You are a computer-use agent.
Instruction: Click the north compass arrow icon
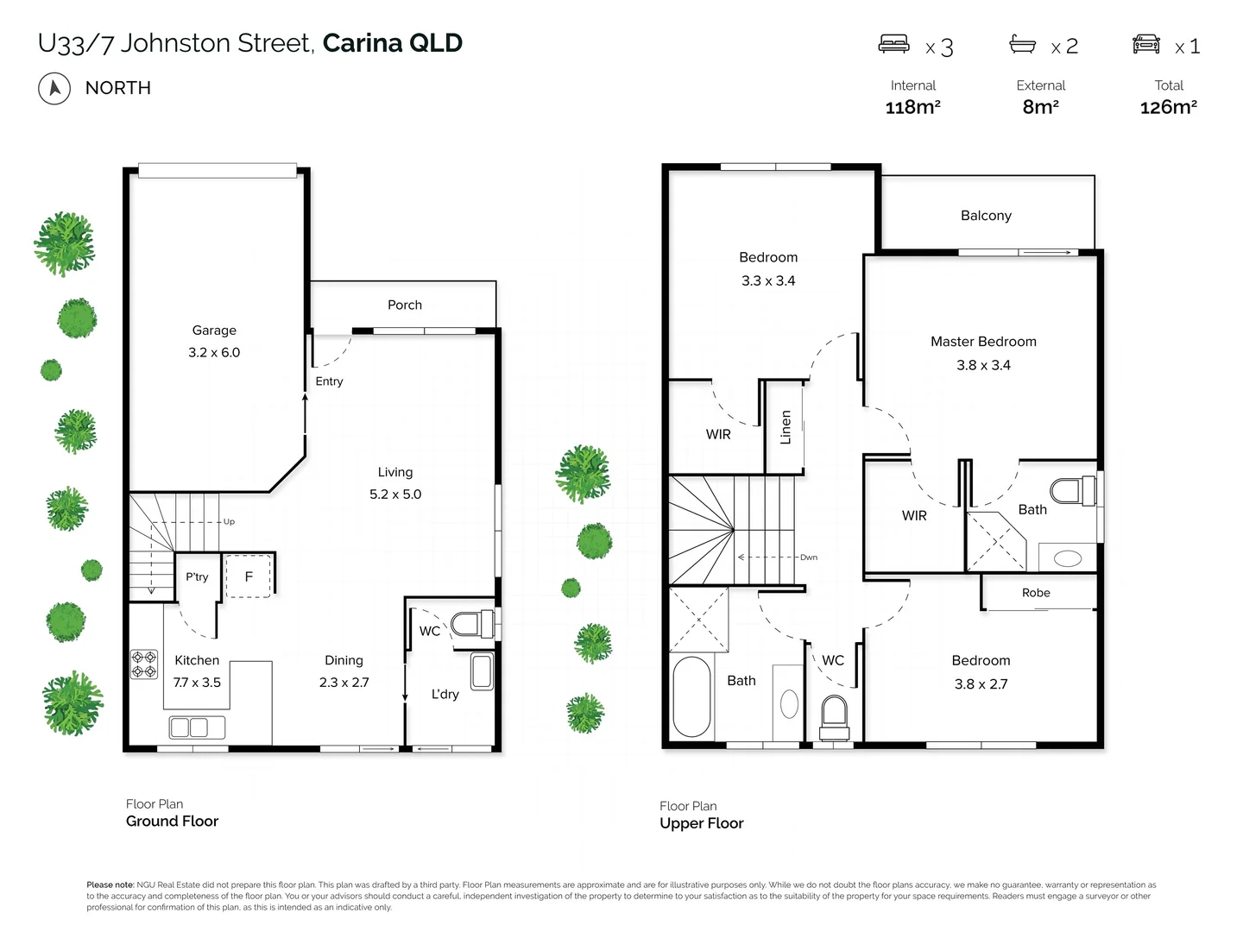(54, 88)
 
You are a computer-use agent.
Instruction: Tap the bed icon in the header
(893, 44)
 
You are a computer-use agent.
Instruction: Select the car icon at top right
(1146, 44)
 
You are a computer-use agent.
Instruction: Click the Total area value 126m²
(1168, 107)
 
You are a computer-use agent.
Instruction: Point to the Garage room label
(214, 331)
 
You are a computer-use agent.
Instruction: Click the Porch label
(405, 305)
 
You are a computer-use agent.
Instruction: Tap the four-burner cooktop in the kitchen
(143, 664)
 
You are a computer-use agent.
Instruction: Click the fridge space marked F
(249, 576)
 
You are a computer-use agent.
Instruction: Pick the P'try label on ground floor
(197, 576)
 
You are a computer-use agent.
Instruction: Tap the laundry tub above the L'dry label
(481, 671)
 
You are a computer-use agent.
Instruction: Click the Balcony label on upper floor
(986, 216)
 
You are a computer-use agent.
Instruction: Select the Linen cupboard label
(786, 427)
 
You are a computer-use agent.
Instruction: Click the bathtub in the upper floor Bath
(691, 696)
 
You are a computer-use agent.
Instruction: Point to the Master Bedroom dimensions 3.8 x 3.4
(983, 365)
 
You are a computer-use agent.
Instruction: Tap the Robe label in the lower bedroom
(1036, 593)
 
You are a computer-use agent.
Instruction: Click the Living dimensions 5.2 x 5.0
(395, 494)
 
